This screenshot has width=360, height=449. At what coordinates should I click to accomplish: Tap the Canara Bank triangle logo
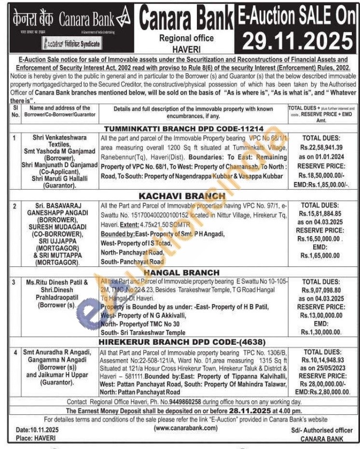click(x=125, y=19)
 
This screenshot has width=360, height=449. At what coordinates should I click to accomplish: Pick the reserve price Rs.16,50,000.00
click(x=321, y=238)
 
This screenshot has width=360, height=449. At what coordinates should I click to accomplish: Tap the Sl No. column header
click(x=15, y=112)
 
